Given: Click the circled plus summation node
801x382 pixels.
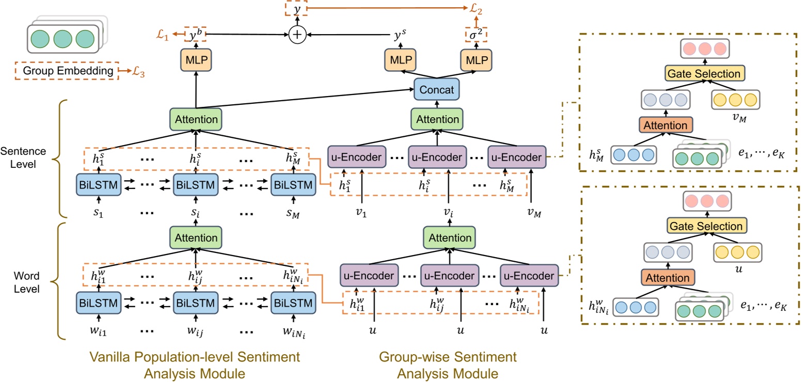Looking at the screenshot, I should coord(297,35).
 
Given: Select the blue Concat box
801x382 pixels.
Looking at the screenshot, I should coord(437,89).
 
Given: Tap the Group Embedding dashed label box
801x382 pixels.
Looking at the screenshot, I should coord(66,71).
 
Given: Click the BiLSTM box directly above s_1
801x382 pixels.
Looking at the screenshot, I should coord(98,184).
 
